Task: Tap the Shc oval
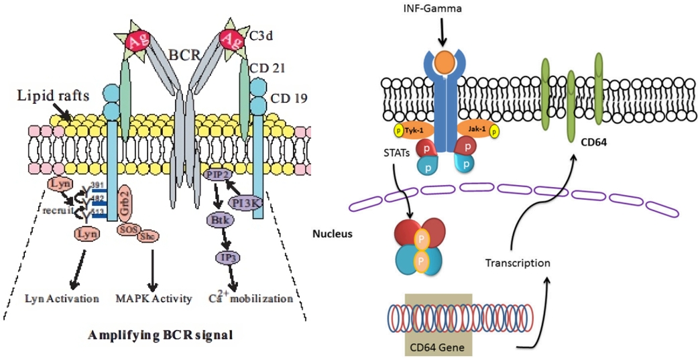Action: (148, 236)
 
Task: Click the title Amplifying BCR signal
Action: (162, 335)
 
